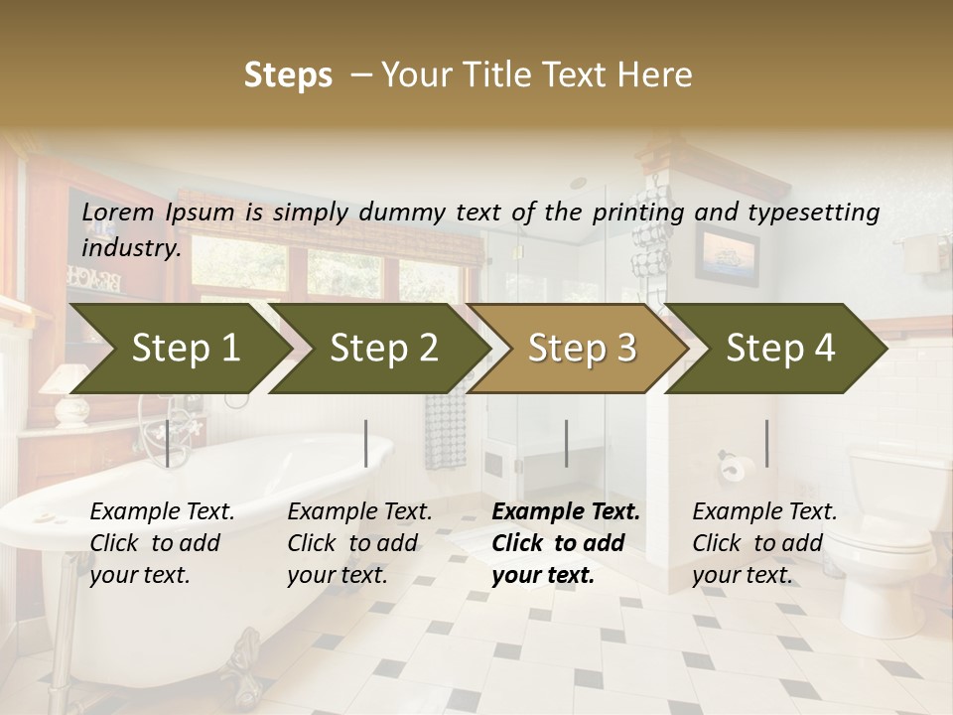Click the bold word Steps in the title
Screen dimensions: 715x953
288,75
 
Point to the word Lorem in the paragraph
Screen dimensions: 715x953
118,213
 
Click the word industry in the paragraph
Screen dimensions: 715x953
130,248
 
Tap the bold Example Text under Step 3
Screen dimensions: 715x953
566,512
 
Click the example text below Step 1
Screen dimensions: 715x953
162,543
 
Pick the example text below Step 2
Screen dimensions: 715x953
359,543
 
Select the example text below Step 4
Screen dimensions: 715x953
764,543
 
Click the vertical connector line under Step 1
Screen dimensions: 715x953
168,443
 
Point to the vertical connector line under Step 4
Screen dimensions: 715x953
766,443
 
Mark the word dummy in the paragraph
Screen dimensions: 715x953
402,213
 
